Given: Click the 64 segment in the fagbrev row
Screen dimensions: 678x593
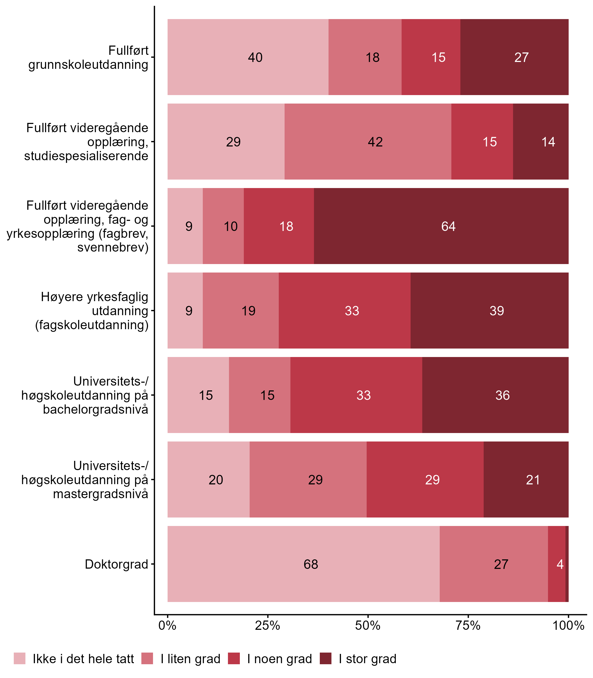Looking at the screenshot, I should click(441, 226).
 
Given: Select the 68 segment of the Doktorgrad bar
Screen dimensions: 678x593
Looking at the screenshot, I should click(303, 564).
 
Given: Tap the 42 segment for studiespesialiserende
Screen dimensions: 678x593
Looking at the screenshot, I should click(368, 142).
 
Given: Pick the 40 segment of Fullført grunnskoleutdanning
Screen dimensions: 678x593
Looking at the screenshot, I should click(248, 57).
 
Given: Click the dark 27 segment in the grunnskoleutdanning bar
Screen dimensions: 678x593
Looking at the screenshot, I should click(514, 57).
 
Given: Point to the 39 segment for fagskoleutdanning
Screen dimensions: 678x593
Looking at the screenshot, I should click(489, 310).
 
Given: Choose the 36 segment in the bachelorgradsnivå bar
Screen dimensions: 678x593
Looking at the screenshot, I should click(495, 395).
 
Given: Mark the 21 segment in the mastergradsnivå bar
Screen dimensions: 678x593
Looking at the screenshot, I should click(526, 480).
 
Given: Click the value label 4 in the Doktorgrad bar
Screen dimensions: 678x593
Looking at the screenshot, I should click(560, 564).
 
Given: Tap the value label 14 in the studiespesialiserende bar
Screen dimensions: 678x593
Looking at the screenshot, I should click(548, 142).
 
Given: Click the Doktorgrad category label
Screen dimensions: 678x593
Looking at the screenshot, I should click(116, 564).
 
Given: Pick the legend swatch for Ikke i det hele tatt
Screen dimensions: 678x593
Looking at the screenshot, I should click(20, 658).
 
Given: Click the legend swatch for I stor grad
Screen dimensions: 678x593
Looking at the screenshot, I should click(326, 658).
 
